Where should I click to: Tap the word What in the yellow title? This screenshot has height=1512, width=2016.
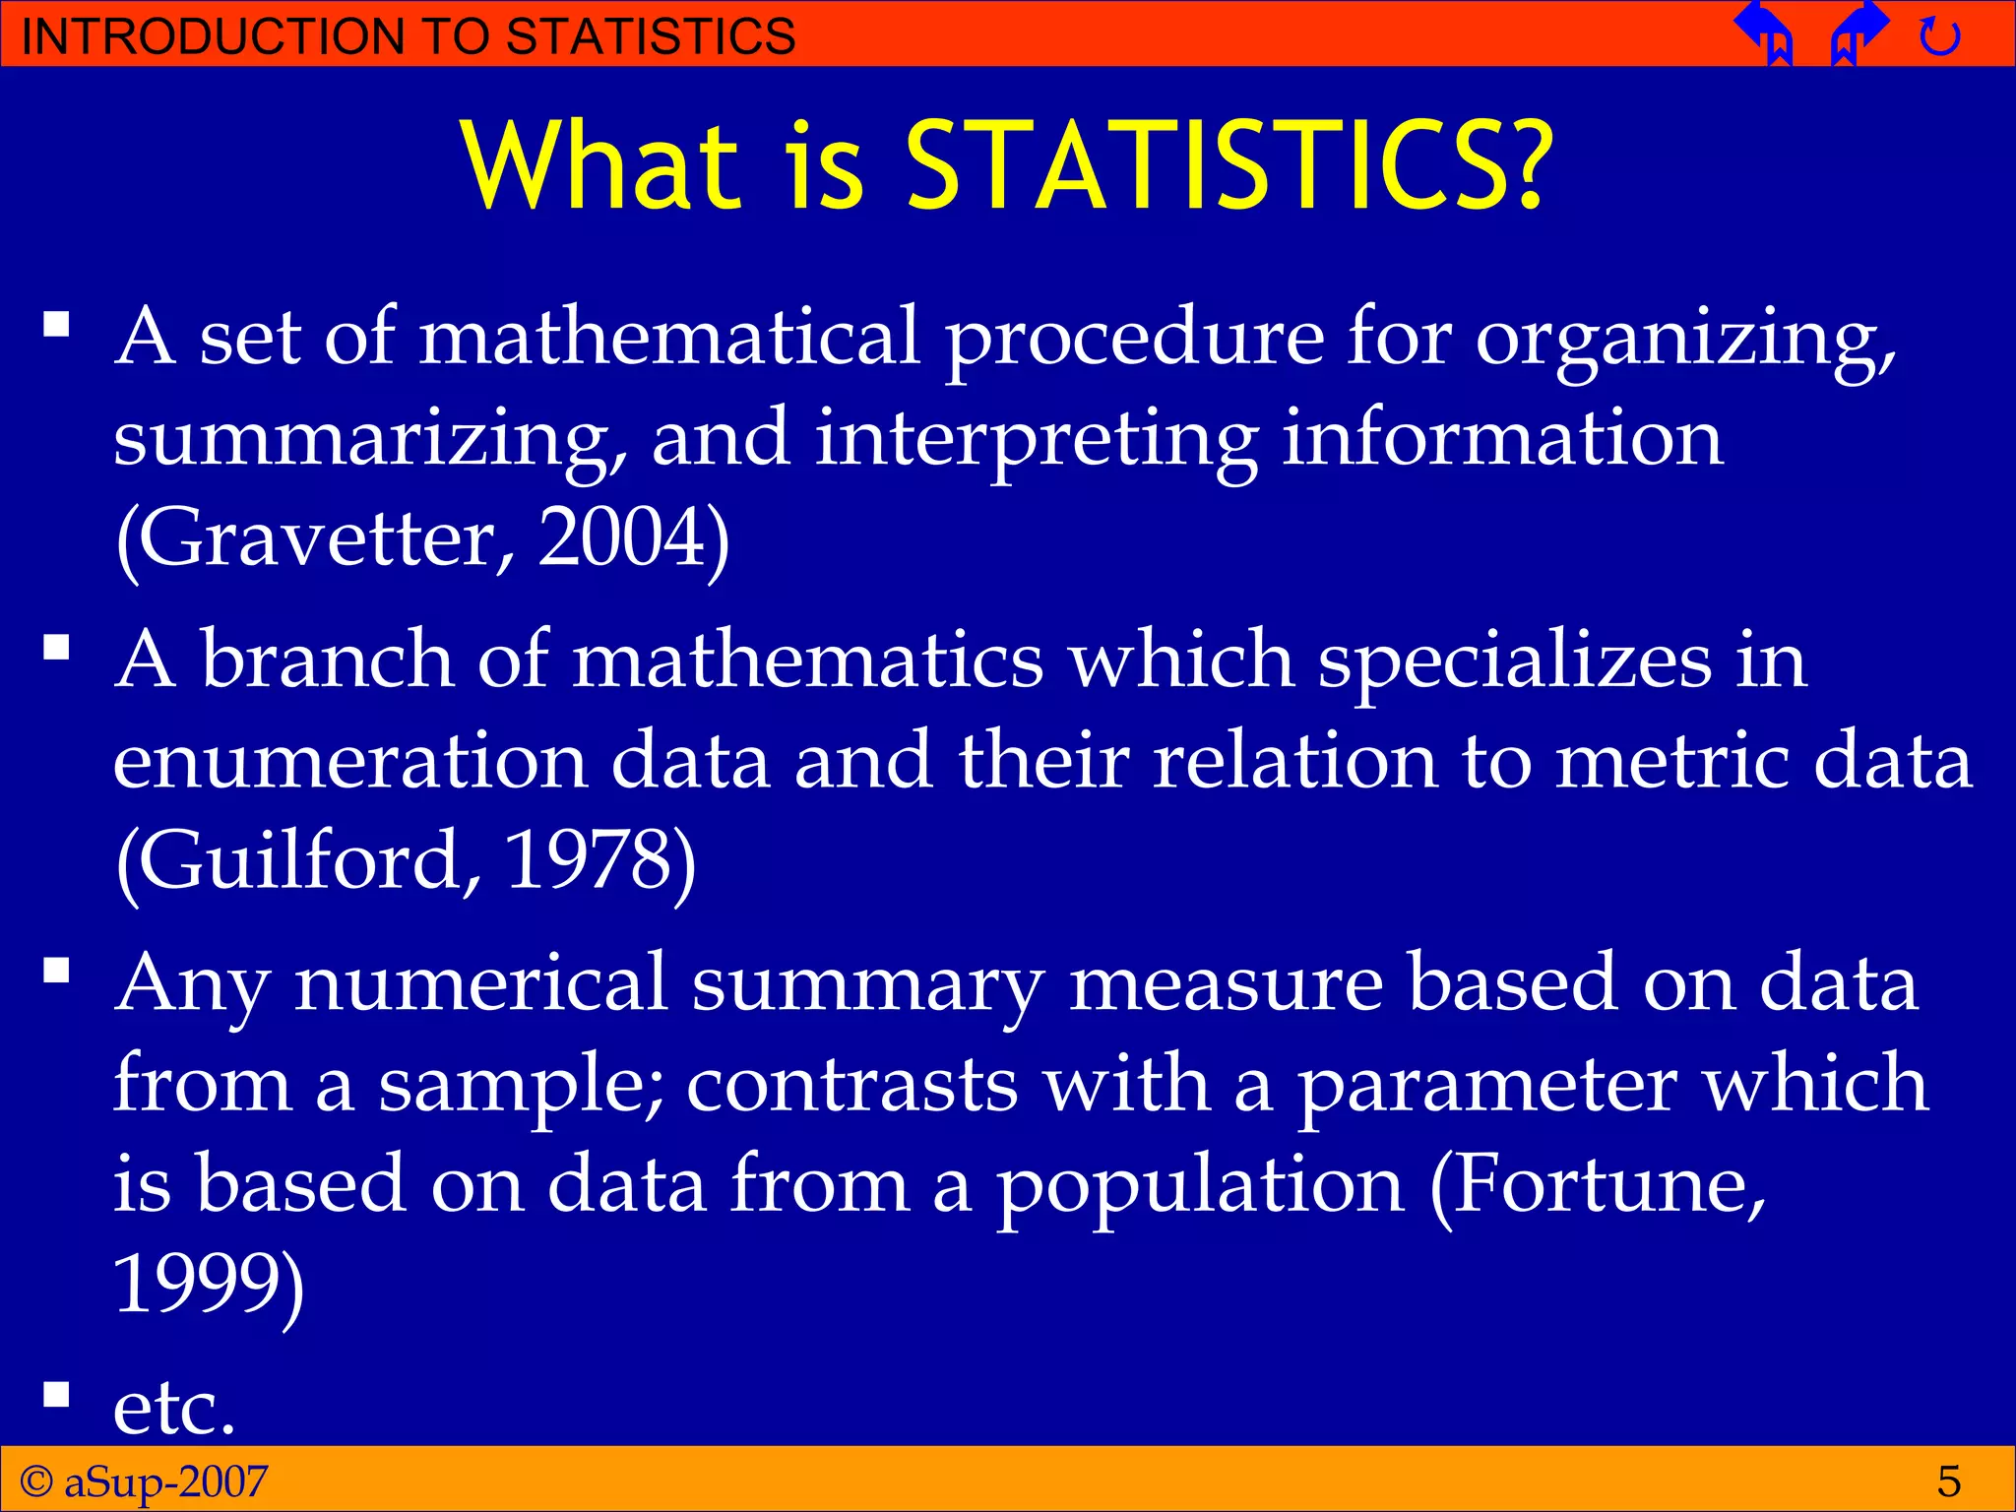pyautogui.click(x=600, y=165)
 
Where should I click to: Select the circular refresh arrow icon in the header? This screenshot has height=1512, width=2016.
pyautogui.click(x=1939, y=37)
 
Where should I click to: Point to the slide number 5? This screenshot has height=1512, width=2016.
pyautogui.click(x=1948, y=1481)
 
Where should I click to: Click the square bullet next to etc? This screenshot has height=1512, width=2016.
pyautogui.click(x=57, y=1395)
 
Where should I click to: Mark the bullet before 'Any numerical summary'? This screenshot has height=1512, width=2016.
pyautogui.click(x=57, y=972)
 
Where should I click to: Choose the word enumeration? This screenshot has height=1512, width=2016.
pyautogui.click(x=349, y=760)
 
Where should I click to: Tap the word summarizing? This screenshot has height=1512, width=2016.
pyautogui.click(x=369, y=439)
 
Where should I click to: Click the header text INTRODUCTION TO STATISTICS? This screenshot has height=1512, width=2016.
pyautogui.click(x=408, y=36)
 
